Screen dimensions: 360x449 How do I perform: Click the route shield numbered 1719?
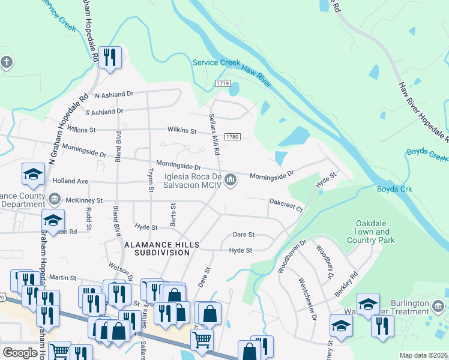point(222,83)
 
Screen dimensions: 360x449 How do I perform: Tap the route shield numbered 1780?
point(233,137)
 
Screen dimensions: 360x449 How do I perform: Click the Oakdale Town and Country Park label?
point(371,232)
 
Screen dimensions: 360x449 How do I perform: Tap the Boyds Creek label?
point(427,155)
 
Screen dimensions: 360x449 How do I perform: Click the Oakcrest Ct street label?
point(285,205)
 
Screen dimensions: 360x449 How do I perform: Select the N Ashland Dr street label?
point(110,94)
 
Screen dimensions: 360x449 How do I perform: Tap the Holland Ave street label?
point(70,181)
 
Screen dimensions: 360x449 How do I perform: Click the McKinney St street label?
point(85,200)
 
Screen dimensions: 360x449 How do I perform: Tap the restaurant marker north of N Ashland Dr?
point(109,58)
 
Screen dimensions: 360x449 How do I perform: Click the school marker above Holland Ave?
point(33,175)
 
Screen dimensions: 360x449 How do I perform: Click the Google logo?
point(20,352)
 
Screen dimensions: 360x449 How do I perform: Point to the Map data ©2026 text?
point(423,355)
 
